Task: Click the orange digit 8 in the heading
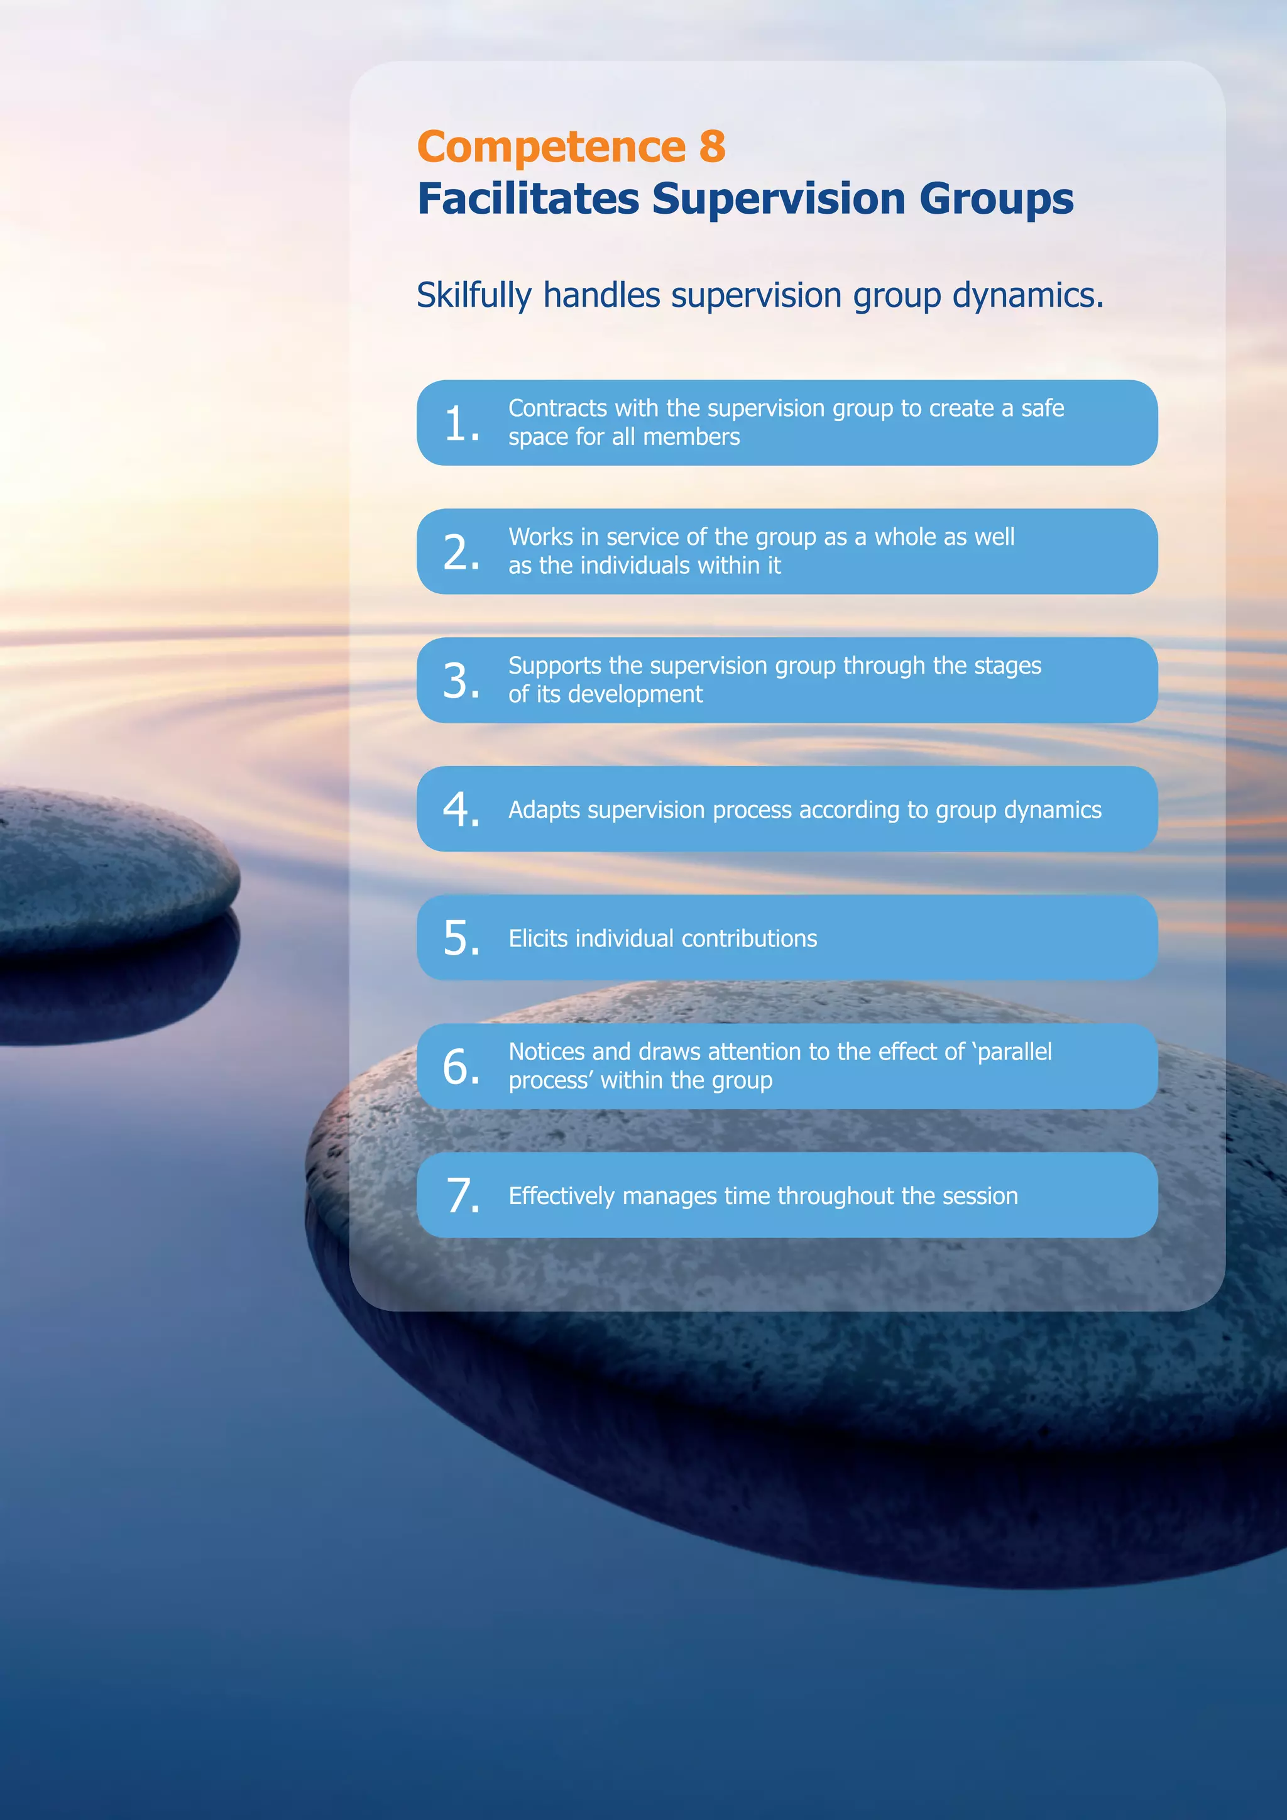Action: [711, 148]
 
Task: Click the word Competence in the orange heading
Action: [550, 148]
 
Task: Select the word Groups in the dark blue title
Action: [996, 200]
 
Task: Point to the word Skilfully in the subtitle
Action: [474, 295]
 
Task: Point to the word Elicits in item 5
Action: [538, 938]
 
